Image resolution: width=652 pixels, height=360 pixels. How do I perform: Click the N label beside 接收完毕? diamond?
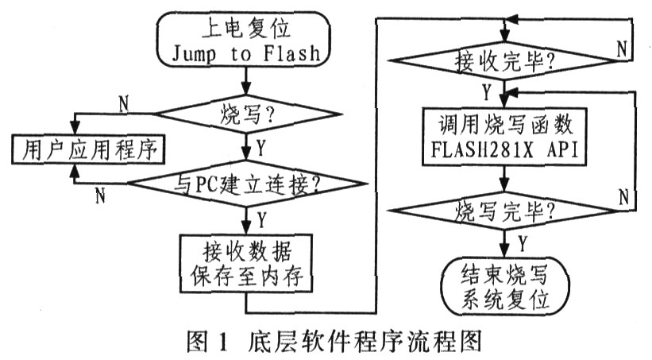point(622,49)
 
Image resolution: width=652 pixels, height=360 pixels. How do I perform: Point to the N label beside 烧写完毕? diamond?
point(623,196)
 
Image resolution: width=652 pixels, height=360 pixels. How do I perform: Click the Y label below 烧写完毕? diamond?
point(523,242)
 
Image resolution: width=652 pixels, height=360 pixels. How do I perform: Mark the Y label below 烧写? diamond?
point(260,147)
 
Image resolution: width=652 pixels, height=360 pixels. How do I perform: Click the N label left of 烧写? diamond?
point(124,103)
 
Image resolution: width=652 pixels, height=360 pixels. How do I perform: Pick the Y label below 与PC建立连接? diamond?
point(261,219)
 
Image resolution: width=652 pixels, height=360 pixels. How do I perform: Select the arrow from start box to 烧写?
point(246,81)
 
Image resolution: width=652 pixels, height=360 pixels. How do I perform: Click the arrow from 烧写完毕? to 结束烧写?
point(504,243)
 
